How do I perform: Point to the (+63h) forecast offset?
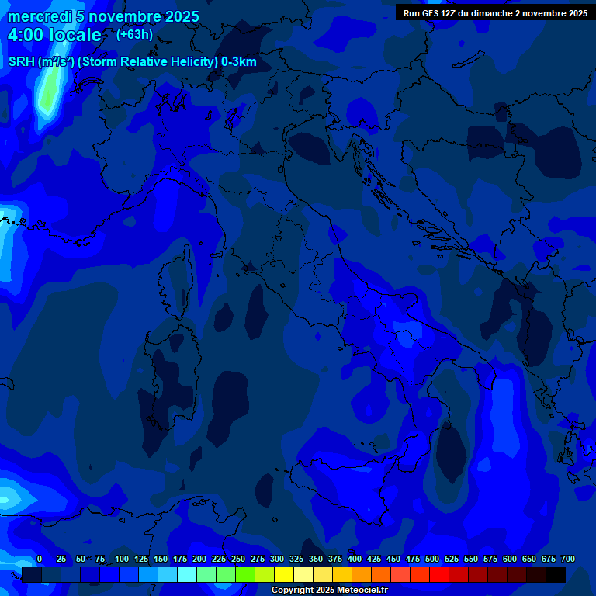point(134,34)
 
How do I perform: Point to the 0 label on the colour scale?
point(40,559)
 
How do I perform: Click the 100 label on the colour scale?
point(122,559)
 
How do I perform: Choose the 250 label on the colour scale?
point(238,559)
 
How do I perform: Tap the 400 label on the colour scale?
point(355,559)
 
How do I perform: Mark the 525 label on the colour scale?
point(452,559)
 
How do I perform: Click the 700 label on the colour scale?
point(568,559)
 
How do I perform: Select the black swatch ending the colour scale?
point(556,575)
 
